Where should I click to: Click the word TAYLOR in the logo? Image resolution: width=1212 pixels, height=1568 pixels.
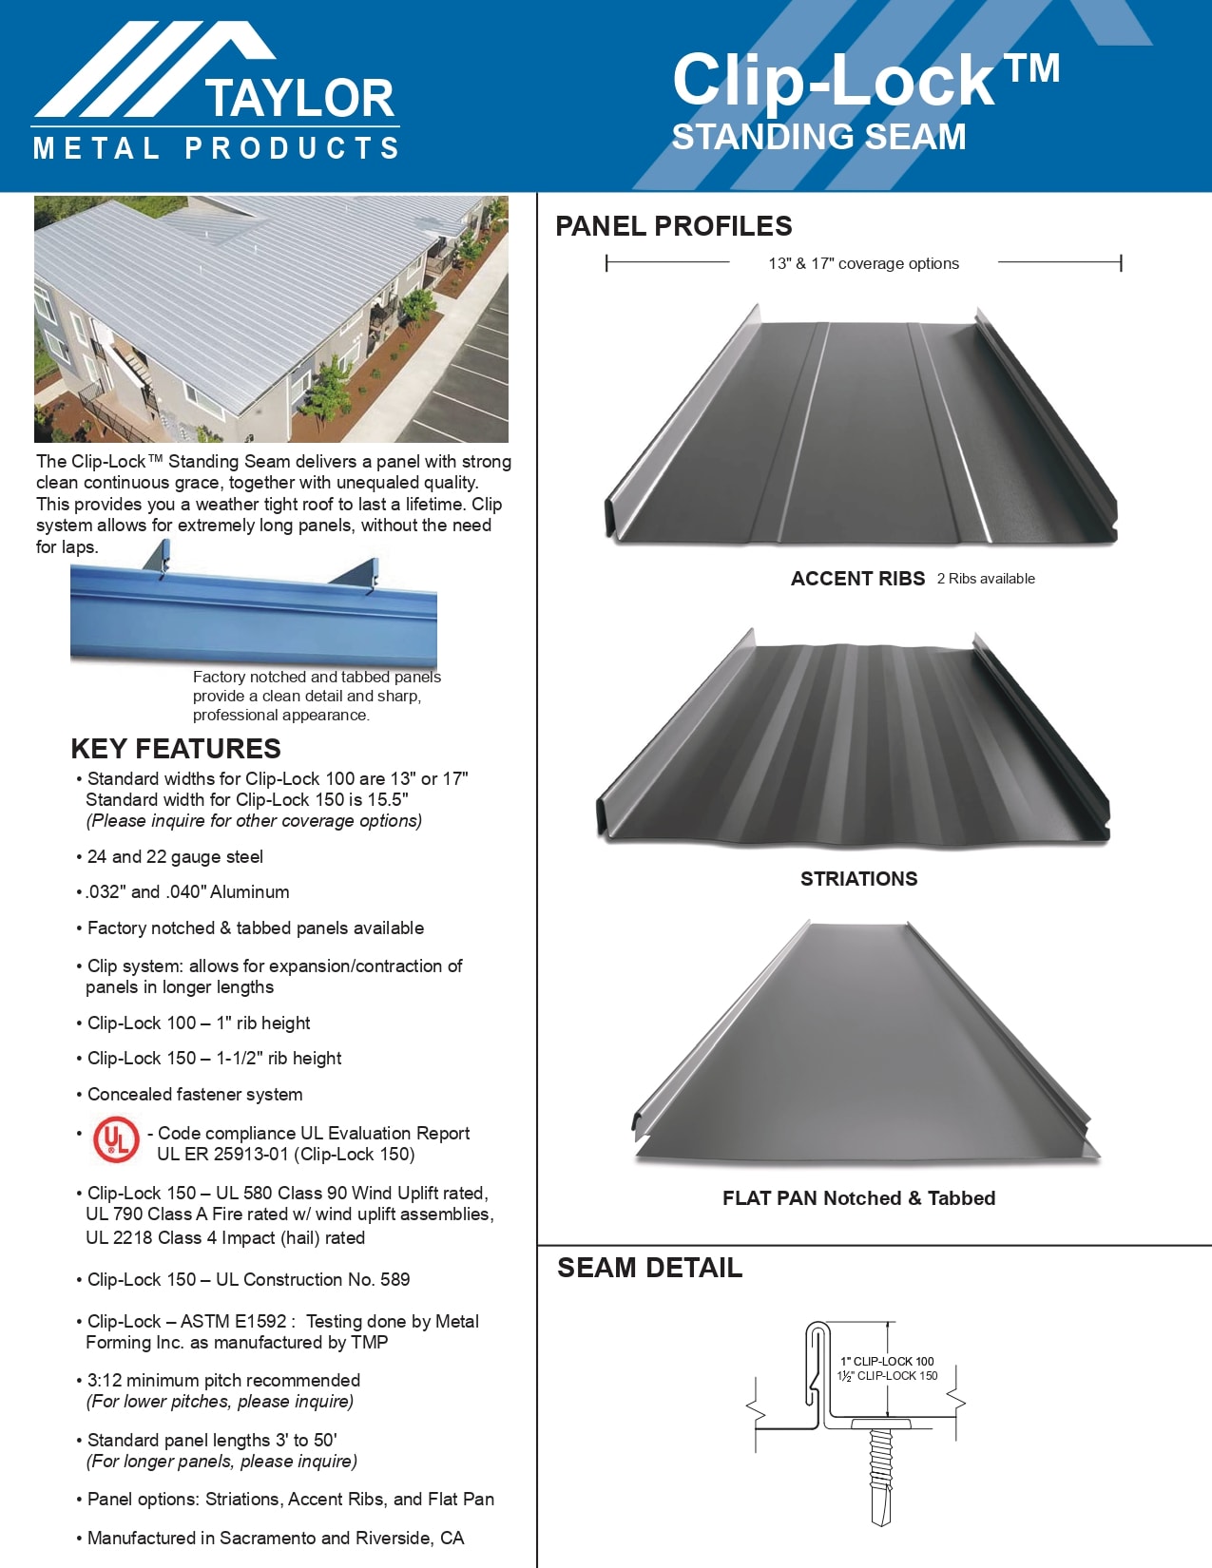point(298,99)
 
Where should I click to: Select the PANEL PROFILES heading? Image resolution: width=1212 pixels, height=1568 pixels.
point(673,226)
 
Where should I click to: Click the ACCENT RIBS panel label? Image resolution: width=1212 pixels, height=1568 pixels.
point(857,579)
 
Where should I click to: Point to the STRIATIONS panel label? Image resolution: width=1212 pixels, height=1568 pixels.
point(858,879)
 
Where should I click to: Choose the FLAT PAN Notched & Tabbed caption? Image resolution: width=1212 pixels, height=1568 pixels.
point(858,1198)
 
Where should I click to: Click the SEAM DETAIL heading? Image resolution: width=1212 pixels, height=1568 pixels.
point(649,1268)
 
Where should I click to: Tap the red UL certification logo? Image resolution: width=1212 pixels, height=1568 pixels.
point(116,1139)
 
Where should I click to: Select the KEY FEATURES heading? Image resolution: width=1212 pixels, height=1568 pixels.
point(176,749)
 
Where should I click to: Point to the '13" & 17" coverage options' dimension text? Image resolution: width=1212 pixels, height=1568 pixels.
point(863,264)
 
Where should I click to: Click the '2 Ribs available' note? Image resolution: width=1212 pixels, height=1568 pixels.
point(986,579)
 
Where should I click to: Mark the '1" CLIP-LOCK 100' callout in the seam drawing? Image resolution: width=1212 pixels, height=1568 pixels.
point(887,1361)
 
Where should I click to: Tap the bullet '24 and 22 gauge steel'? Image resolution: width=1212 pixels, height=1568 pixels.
point(175,857)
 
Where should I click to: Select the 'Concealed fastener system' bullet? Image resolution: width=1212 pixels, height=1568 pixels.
point(195,1095)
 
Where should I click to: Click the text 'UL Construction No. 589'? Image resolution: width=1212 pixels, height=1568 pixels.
point(313,1280)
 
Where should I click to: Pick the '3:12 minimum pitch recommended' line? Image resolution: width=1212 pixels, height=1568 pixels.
point(223,1381)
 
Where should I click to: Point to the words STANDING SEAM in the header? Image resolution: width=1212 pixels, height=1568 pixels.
point(818,138)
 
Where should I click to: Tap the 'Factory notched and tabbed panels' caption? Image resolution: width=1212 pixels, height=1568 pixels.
point(317,678)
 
